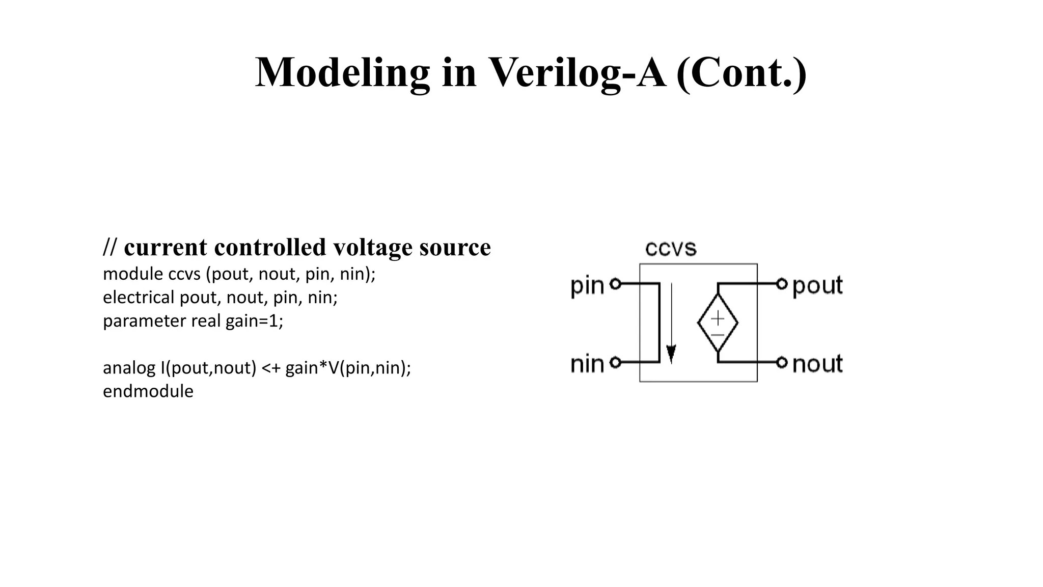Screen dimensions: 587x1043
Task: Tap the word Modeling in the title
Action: pos(342,73)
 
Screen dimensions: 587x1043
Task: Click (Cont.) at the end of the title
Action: pos(742,73)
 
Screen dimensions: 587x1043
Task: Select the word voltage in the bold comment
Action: pos(373,248)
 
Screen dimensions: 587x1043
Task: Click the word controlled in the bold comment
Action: pos(270,248)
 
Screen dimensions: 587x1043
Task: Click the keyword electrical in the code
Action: pos(139,298)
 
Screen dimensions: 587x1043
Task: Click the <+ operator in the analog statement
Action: pos(271,368)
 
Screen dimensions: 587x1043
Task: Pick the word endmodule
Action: pos(148,391)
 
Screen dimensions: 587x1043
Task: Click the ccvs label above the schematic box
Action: pos(670,249)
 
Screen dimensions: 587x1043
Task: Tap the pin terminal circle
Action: pos(615,284)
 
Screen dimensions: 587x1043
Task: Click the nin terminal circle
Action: pos(615,362)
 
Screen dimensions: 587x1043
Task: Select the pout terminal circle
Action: pos(782,283)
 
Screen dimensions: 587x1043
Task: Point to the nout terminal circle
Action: pos(782,362)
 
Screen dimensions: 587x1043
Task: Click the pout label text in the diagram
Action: pos(817,285)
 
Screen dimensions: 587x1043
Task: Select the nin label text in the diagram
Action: pos(587,364)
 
